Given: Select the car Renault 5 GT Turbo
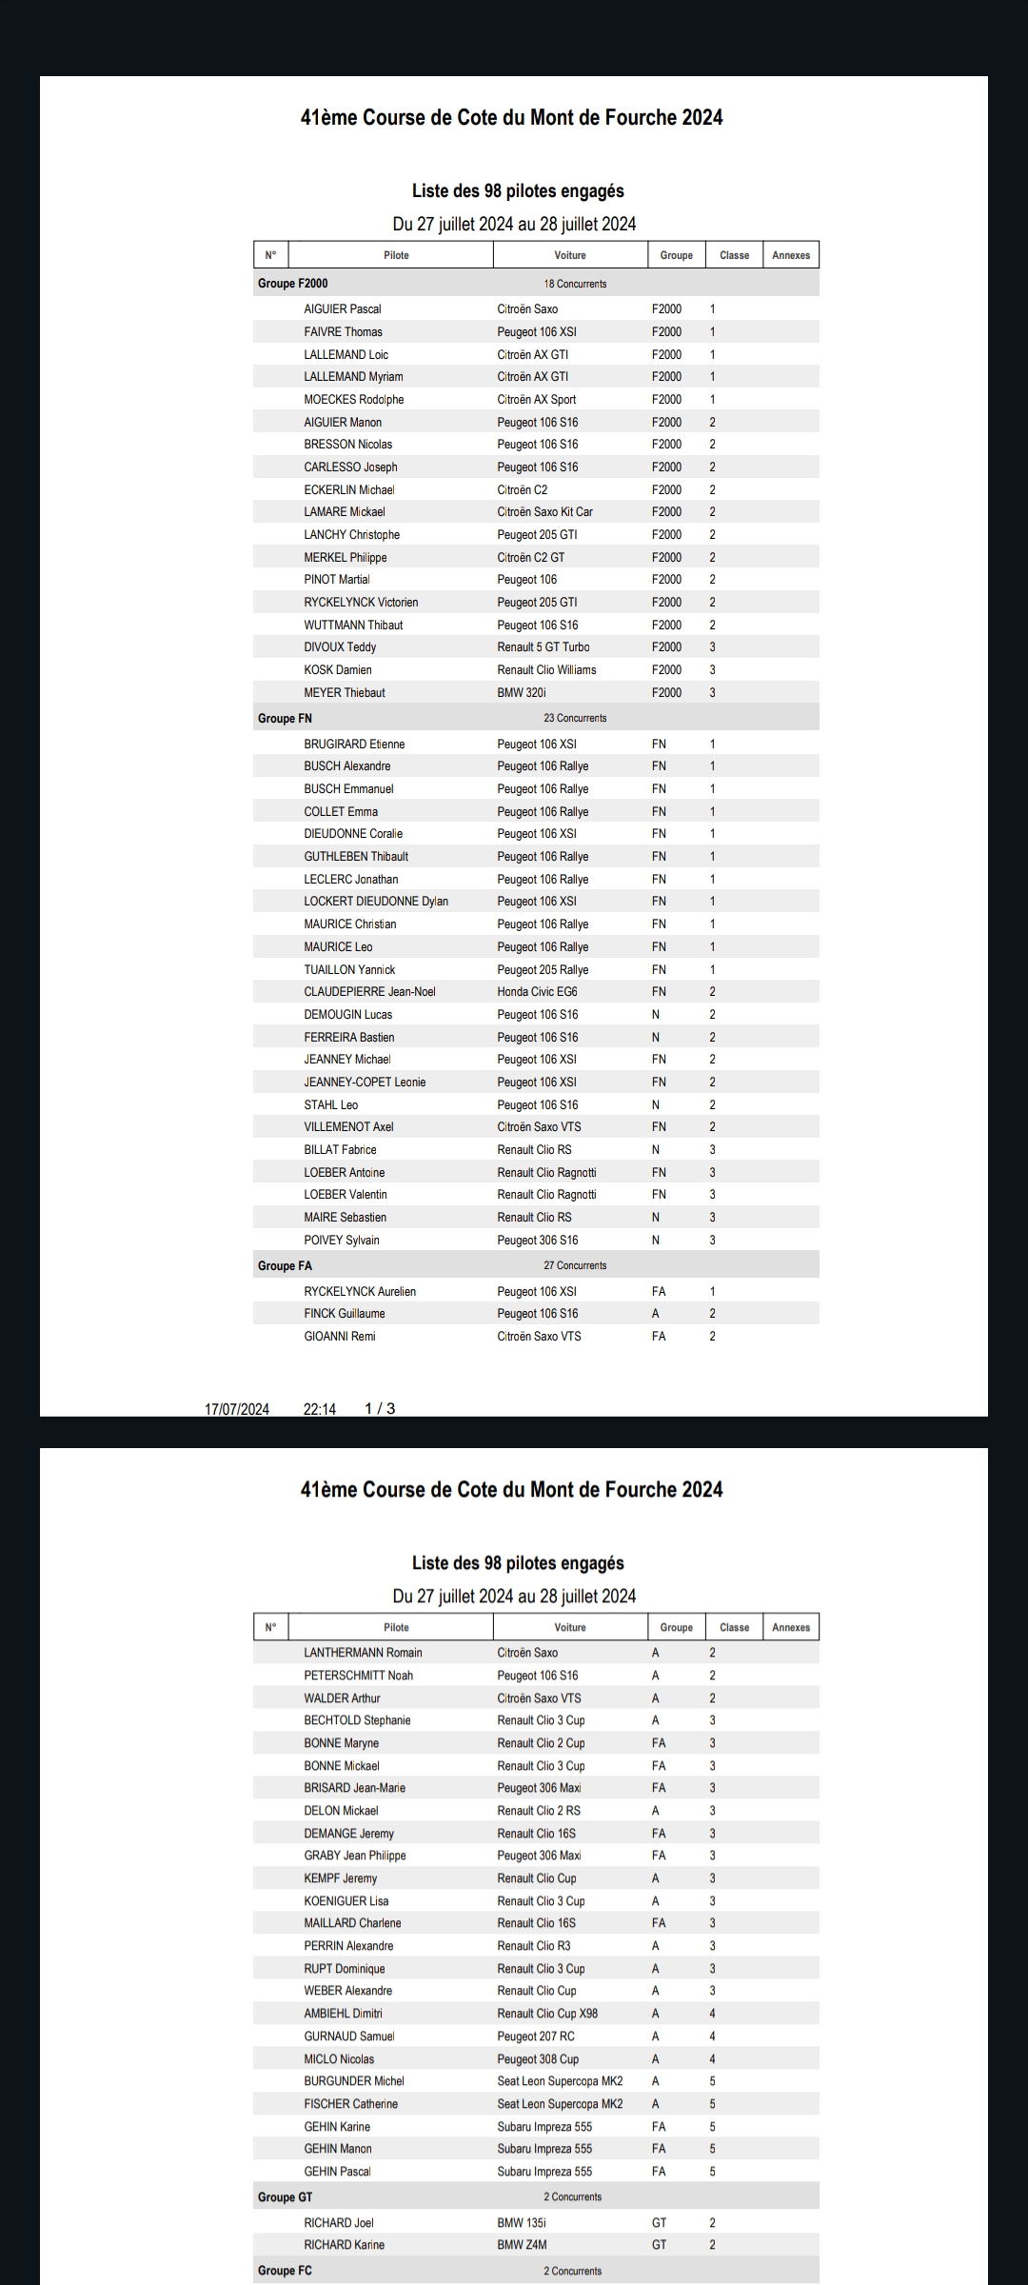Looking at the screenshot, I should [x=543, y=647].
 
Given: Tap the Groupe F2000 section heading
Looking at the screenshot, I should [x=292, y=284].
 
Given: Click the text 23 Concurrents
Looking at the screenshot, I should [x=575, y=719].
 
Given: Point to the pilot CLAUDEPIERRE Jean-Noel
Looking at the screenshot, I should [x=369, y=992].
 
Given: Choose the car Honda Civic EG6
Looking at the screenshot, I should [x=537, y=992].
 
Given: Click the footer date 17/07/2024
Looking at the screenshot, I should [x=237, y=1409].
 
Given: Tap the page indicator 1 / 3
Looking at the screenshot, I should [x=380, y=1409].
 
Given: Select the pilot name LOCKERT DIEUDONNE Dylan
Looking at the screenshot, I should [x=376, y=902].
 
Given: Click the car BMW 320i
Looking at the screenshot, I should [x=522, y=693].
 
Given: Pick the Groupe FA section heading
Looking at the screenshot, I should [x=285, y=1266].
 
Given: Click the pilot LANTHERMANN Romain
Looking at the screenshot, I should [x=363, y=1653].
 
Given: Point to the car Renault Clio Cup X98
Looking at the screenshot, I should [x=547, y=2014].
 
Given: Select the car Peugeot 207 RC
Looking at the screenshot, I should [x=536, y=2037].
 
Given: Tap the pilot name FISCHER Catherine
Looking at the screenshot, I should [x=350, y=2104].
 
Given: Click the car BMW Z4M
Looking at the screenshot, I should [x=522, y=2245].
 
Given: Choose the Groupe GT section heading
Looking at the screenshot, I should [x=285, y=2197].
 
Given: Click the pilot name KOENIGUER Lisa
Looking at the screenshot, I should [x=346, y=1901].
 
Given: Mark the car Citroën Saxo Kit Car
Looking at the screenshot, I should [x=544, y=512].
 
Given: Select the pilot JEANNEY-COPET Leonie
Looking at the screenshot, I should [x=365, y=1083].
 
